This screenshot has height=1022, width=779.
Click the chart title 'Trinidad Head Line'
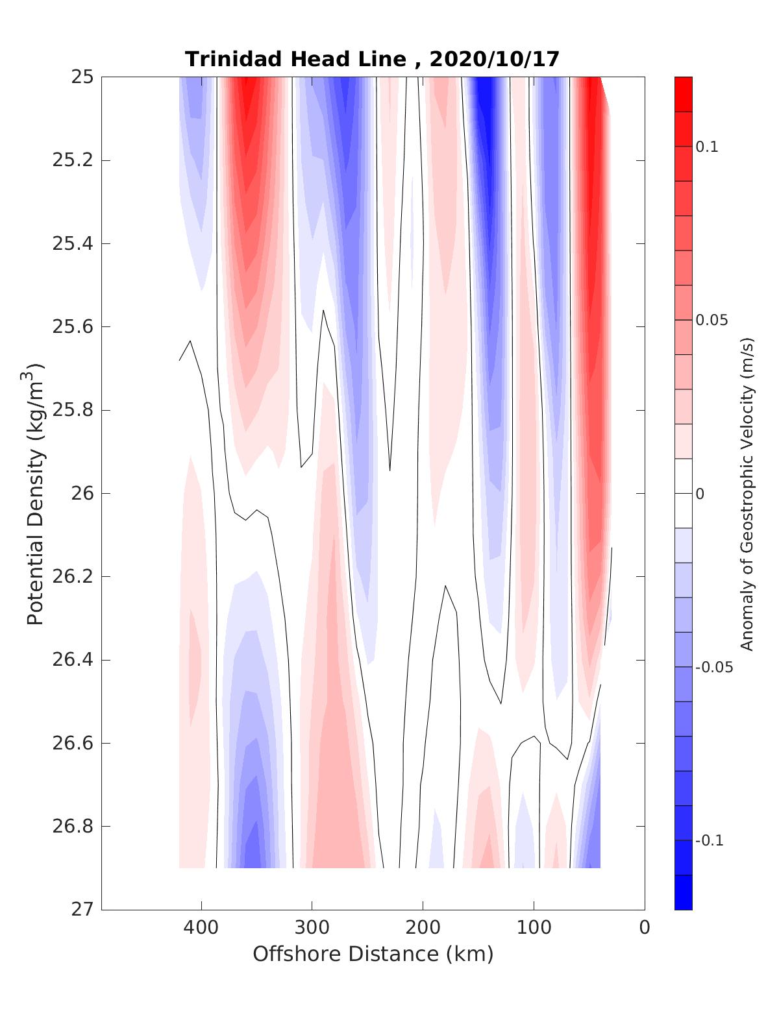(295, 59)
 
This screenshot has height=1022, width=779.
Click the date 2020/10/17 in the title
(494, 59)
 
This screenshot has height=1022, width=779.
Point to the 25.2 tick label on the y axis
(72, 160)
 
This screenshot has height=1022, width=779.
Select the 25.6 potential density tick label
(72, 327)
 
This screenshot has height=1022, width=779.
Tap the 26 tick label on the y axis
(82, 494)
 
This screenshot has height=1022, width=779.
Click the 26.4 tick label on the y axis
(72, 661)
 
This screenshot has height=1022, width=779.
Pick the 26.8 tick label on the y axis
(72, 827)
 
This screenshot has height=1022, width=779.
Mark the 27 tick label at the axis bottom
(82, 910)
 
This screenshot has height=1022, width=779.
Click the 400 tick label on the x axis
(201, 928)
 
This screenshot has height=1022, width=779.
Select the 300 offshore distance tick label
(312, 928)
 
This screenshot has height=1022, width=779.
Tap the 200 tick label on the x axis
(423, 928)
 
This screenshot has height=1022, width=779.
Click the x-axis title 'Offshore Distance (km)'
(373, 955)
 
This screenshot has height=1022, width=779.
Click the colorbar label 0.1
(707, 147)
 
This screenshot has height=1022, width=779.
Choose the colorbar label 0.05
(711, 321)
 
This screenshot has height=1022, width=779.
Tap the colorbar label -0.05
(713, 668)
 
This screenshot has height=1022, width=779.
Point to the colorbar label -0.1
(710, 841)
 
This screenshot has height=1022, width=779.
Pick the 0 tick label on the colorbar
(700, 494)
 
